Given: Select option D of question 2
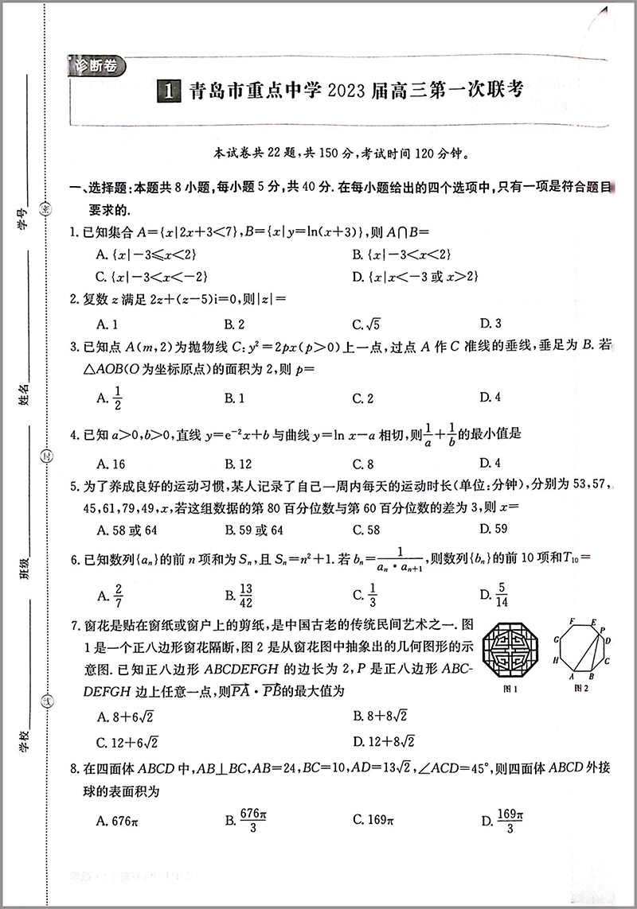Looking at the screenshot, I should point(490,324).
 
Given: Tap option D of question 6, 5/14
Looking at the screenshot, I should point(494,594).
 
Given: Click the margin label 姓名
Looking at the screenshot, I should point(23,394).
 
